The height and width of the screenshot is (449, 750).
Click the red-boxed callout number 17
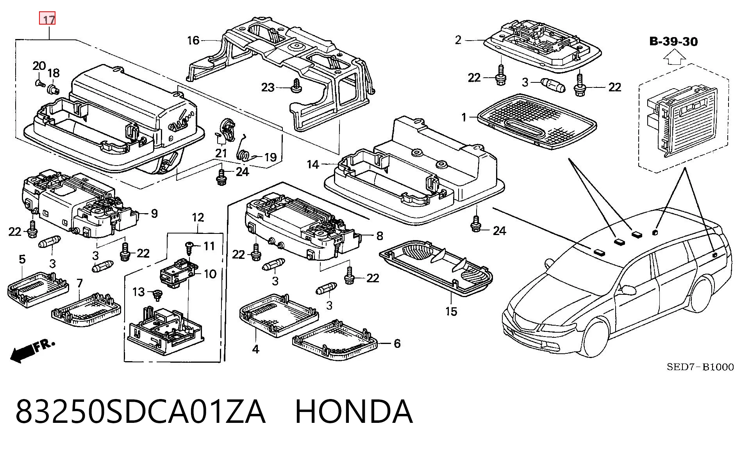(x=47, y=19)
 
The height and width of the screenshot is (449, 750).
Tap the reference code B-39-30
(x=673, y=41)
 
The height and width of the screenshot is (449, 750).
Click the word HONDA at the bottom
(x=354, y=411)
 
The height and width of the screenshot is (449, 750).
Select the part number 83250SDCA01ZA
(x=141, y=411)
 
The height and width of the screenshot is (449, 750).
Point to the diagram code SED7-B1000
(x=700, y=367)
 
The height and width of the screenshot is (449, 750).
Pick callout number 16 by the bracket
(x=193, y=40)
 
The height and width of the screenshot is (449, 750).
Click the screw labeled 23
(x=296, y=86)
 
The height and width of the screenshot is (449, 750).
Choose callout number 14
(x=313, y=164)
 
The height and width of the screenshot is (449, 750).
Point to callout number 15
(x=451, y=312)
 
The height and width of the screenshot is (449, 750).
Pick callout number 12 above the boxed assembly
(x=198, y=217)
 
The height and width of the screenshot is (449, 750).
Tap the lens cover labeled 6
(x=335, y=340)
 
